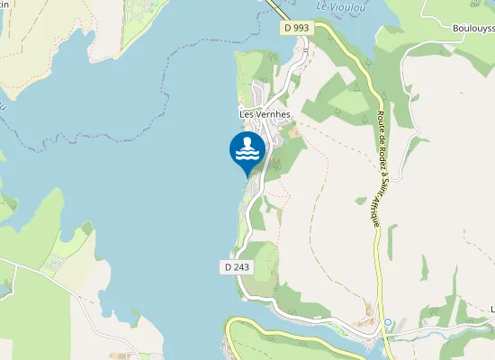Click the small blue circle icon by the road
[388, 322]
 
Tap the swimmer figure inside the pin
[248, 144]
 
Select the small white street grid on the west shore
[54, 263]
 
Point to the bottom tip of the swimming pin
[248, 175]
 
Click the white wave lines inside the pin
[248, 155]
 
